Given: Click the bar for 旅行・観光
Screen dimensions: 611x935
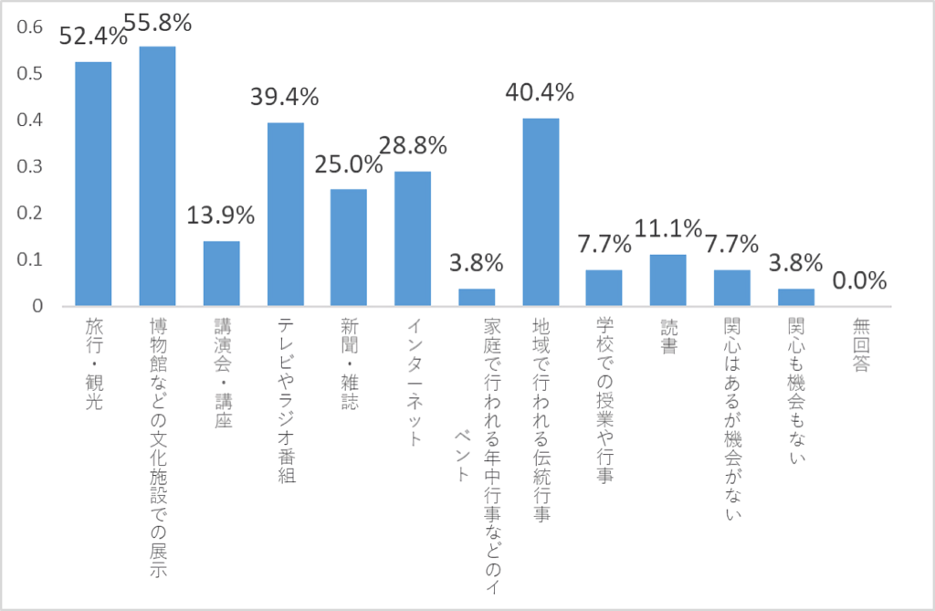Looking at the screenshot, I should tap(93, 184).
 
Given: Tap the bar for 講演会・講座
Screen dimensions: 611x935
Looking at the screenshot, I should tap(221, 273).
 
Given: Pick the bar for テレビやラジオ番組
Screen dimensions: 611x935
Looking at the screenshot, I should tap(285, 214).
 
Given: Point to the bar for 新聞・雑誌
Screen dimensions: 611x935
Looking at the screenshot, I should tap(349, 248).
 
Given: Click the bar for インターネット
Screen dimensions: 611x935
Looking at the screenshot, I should tap(413, 238).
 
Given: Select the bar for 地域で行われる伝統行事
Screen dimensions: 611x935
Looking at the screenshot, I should tap(541, 212).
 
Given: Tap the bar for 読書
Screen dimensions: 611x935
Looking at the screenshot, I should tap(667, 280).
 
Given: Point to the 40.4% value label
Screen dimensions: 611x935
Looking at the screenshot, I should tap(541, 92).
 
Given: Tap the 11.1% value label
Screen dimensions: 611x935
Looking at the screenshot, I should tap(667, 228).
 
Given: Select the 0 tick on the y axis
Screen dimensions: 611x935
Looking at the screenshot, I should tap(37, 306).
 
